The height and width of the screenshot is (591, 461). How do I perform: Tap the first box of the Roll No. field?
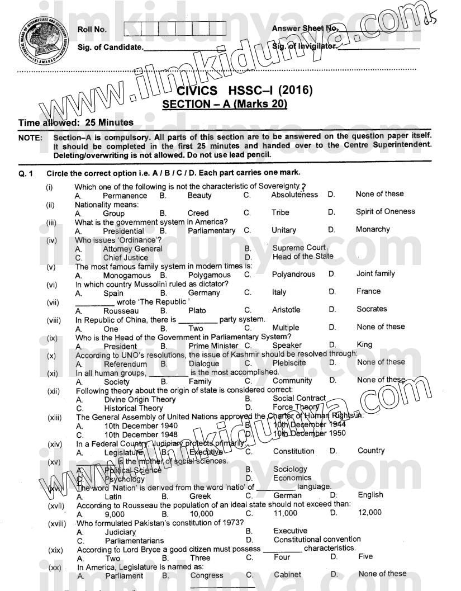pyautogui.click(x=132, y=29)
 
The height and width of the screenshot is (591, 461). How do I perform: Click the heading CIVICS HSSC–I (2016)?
pyautogui.click(x=244, y=91)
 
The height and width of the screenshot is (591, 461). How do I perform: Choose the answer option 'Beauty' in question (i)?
pyautogui.click(x=199, y=196)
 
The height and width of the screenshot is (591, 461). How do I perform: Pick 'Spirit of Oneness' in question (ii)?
pyautogui.click(x=385, y=211)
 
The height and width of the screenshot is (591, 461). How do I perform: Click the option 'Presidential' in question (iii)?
pyautogui.click(x=123, y=231)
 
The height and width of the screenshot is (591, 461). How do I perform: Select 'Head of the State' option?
pyautogui.click(x=303, y=257)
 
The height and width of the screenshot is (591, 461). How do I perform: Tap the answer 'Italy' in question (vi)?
pyautogui.click(x=279, y=292)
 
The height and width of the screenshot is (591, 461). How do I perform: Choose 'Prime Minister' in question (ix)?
pyautogui.click(x=213, y=346)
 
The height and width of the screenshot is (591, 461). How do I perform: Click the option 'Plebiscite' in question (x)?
pyautogui.click(x=289, y=362)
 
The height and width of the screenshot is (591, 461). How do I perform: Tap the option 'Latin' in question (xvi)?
pyautogui.click(x=113, y=496)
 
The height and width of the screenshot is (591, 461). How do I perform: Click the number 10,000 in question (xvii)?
pyautogui.click(x=202, y=513)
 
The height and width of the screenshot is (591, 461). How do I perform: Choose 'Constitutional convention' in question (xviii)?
pyautogui.click(x=317, y=540)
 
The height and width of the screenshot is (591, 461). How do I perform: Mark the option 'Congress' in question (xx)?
pyautogui.click(x=207, y=575)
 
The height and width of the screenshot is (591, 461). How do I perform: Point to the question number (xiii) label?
pyautogui.click(x=55, y=417)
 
